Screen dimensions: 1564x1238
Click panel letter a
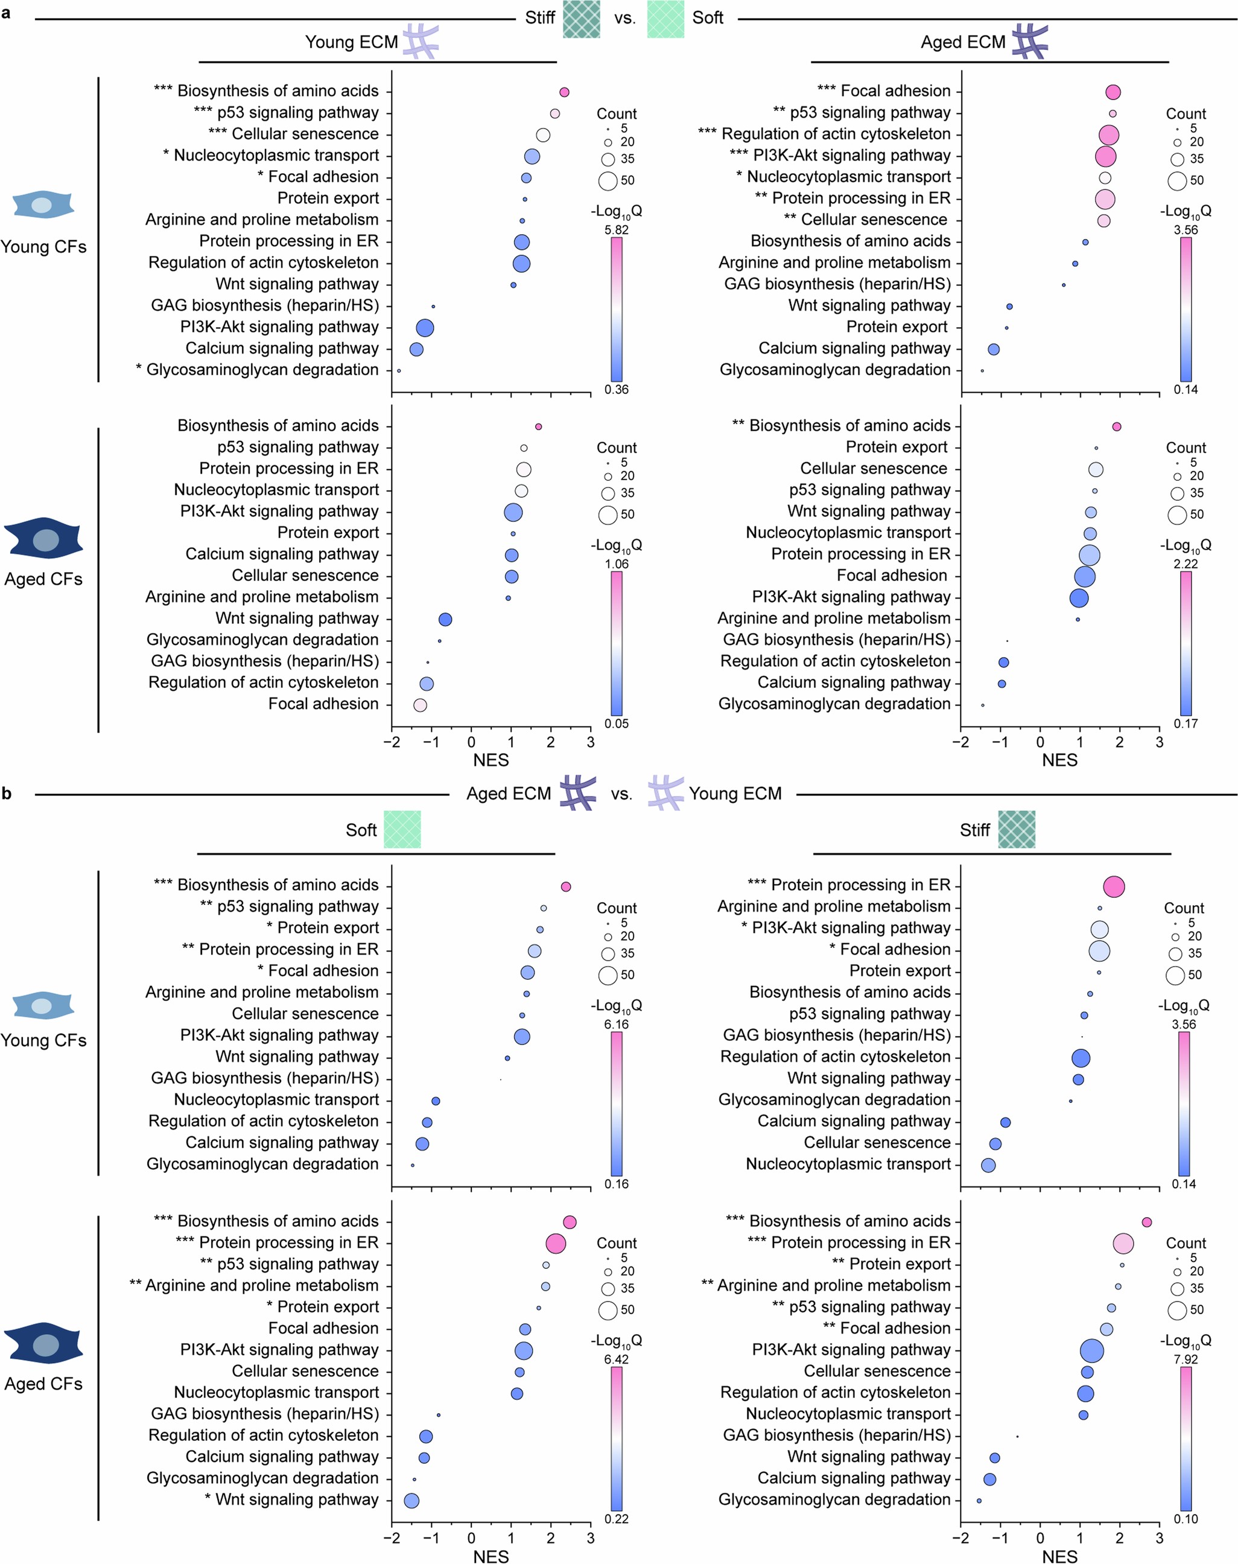[7, 12]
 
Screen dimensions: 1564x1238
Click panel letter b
[7, 793]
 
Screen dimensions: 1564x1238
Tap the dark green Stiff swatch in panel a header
[582, 19]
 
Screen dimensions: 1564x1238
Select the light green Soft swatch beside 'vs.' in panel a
[665, 19]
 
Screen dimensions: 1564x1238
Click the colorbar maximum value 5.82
[616, 230]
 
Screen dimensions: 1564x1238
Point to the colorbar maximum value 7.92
[1185, 1359]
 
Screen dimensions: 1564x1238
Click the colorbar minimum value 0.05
[616, 723]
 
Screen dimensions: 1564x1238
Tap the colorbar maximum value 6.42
[616, 1359]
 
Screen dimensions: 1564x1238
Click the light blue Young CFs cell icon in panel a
[43, 205]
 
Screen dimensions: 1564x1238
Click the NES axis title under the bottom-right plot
[1059, 1556]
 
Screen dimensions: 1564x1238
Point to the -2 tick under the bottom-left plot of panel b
[392, 1538]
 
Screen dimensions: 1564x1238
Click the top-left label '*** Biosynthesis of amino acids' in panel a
[266, 91]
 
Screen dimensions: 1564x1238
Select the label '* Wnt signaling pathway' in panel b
[291, 1499]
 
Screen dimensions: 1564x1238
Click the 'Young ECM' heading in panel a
[352, 42]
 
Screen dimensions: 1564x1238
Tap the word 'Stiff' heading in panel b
[974, 830]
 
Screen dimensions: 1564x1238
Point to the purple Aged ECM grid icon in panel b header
[578, 793]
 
